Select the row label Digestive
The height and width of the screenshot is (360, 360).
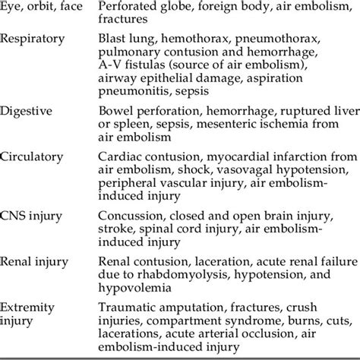pyautogui.click(x=29, y=111)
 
